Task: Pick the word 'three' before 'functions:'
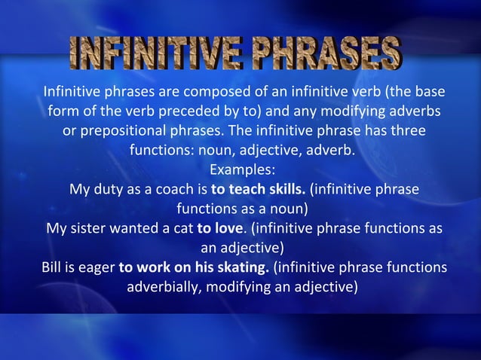click(x=406, y=131)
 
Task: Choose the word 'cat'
click(x=182, y=227)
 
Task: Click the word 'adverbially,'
click(x=164, y=286)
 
